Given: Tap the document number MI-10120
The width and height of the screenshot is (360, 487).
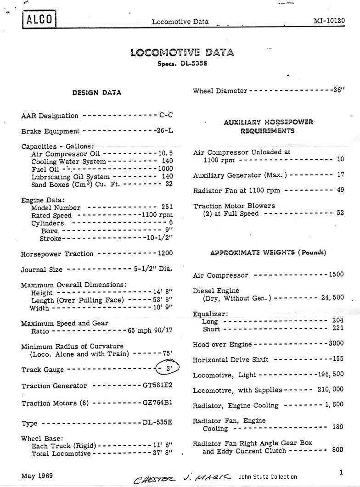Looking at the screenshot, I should click(x=329, y=21).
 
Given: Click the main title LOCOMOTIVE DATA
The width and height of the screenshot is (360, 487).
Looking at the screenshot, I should click(x=182, y=52).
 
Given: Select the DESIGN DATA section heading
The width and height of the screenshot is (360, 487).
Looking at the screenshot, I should click(x=97, y=93).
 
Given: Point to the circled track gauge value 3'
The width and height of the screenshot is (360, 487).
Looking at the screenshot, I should click(x=168, y=368).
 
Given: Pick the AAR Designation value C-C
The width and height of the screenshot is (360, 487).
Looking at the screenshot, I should click(x=166, y=115).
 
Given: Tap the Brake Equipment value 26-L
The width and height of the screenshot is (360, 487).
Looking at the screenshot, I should click(x=164, y=130).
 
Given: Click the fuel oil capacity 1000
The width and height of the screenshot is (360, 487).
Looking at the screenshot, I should click(x=165, y=169).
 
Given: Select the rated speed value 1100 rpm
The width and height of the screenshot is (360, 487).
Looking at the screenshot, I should click(x=157, y=215).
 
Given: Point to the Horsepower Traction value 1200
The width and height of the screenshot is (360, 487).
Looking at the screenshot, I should click(x=165, y=253).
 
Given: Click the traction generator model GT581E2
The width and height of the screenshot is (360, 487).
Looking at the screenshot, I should click(x=157, y=386).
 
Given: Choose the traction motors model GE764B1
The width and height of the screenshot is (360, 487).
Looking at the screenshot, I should click(x=157, y=403).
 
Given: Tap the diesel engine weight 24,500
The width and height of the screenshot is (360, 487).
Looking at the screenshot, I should click(x=332, y=297).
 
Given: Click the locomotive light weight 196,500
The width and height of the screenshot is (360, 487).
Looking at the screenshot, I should click(x=331, y=375).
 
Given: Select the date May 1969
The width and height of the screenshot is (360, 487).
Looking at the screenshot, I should click(x=37, y=476).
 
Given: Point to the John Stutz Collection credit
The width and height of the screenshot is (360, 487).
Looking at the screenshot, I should click(x=268, y=477).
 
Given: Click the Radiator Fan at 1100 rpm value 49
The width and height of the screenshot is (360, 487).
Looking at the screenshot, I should click(x=340, y=190).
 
